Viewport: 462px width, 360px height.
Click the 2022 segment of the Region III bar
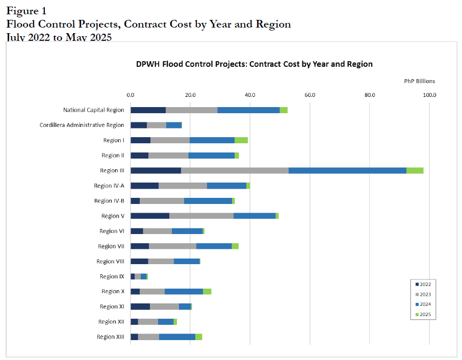(x=156, y=170)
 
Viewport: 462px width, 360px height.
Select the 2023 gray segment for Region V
(x=201, y=216)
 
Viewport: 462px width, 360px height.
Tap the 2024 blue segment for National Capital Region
(x=248, y=110)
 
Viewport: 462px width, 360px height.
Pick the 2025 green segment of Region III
(x=415, y=170)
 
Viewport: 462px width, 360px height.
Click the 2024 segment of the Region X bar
(x=184, y=291)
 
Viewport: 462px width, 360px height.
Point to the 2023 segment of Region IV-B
(x=162, y=201)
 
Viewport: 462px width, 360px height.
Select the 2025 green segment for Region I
(x=241, y=140)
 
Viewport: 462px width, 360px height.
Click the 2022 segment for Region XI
(x=140, y=306)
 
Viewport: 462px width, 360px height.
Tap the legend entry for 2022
(x=423, y=284)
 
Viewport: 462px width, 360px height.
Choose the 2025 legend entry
(x=423, y=315)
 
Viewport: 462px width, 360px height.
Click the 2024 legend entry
(x=423, y=304)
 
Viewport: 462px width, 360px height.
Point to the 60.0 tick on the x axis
(x=310, y=95)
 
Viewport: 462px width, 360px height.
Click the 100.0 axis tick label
(x=429, y=95)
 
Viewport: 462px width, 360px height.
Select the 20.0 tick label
(x=190, y=95)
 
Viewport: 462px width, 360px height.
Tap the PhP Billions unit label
(x=420, y=81)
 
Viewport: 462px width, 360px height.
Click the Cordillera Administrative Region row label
(x=82, y=125)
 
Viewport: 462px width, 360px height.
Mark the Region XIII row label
(x=110, y=337)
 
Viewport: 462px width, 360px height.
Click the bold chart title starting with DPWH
(x=254, y=64)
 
